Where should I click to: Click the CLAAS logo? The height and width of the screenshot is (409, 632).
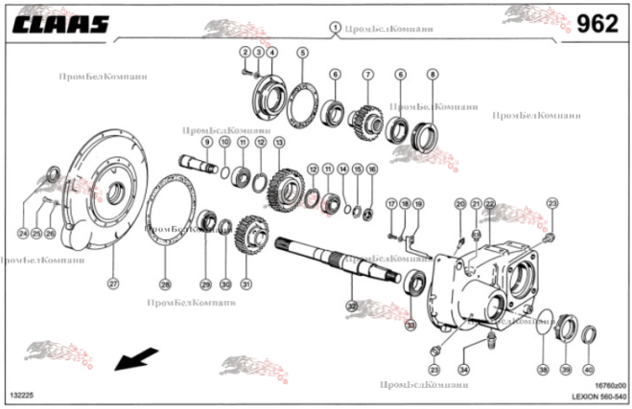[59, 24]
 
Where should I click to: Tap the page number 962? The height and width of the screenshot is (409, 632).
[597, 24]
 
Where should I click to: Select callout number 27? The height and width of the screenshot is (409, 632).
[112, 284]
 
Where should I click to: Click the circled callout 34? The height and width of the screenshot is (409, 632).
[464, 369]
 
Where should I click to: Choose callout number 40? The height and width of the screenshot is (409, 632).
[589, 370]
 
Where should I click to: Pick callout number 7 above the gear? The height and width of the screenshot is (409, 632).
[367, 75]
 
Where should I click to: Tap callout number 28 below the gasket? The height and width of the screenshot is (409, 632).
[165, 284]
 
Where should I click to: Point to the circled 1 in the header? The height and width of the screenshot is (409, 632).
[335, 28]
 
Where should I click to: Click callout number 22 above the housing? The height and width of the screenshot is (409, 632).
[490, 204]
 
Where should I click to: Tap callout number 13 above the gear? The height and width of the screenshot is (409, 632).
[279, 142]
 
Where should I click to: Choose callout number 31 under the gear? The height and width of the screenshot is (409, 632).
[246, 284]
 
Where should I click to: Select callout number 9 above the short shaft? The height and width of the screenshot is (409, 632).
[206, 142]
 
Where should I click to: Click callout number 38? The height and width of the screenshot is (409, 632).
[543, 370]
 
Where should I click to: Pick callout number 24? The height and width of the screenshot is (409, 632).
[23, 233]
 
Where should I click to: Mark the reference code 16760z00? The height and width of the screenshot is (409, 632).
[608, 384]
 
